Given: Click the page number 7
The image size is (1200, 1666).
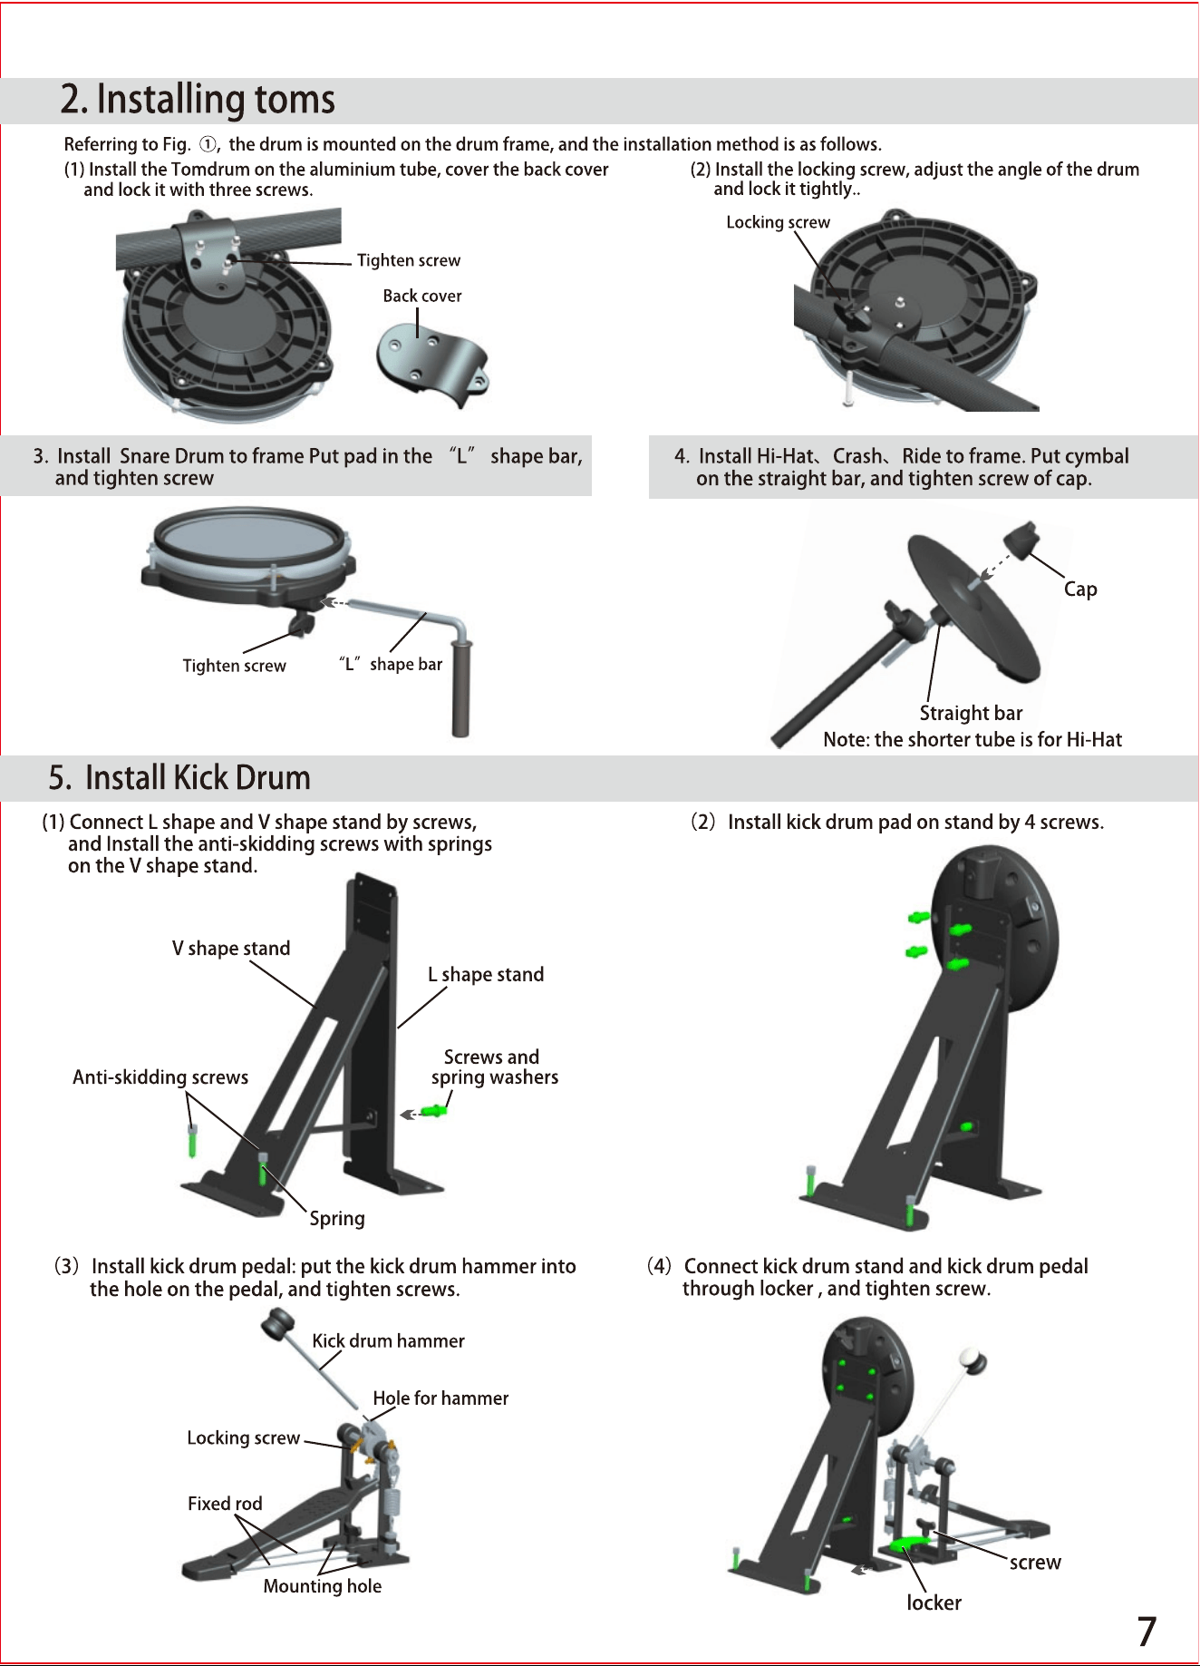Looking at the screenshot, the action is click(x=1147, y=1632).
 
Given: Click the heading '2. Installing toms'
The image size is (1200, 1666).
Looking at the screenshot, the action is click(x=198, y=99).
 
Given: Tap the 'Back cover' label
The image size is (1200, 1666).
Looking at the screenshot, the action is click(x=422, y=296).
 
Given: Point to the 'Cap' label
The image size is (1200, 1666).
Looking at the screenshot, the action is click(x=1080, y=589).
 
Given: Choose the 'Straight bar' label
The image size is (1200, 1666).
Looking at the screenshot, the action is click(x=971, y=713).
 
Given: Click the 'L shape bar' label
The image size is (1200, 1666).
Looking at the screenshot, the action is click(x=391, y=664).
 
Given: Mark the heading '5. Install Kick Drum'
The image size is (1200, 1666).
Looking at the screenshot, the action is click(x=179, y=777).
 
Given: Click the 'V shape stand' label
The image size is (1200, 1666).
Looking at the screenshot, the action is click(x=231, y=949).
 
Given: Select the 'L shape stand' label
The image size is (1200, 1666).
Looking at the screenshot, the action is click(x=486, y=975).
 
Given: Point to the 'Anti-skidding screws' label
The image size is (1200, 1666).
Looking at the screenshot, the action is click(x=160, y=1077).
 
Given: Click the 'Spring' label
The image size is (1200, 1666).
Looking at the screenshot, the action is click(x=337, y=1219).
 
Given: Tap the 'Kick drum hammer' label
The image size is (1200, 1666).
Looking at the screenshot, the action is click(x=388, y=1341).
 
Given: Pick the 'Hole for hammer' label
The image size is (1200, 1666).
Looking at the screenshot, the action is click(x=440, y=1398).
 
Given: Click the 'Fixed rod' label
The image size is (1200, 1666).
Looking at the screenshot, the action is click(x=225, y=1504).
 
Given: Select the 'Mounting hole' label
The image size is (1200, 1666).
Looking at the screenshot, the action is click(x=323, y=1586).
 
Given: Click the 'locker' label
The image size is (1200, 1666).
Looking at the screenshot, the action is click(x=934, y=1603).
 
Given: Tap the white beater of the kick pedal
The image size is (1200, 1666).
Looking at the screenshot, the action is click(x=973, y=1360).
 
